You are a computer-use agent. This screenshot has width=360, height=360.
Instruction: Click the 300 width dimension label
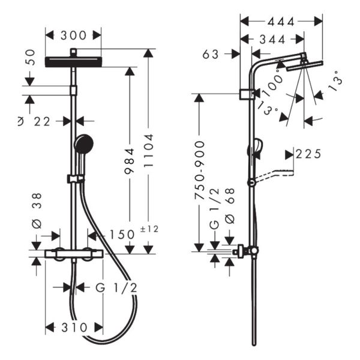coord(73,35)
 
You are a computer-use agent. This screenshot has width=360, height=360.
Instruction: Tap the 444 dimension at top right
coord(281,22)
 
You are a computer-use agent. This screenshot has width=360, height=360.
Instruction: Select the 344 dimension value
coord(272,40)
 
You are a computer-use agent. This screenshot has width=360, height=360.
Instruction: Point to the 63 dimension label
coord(211,55)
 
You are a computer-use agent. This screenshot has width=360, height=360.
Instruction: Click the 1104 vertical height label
coord(149,151)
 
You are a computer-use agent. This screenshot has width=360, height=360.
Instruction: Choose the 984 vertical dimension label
coord(129,161)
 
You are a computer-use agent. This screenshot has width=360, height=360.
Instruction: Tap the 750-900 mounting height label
coord(199,170)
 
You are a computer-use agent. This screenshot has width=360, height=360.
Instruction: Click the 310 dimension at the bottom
coord(74,327)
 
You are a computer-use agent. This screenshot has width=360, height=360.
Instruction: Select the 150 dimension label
coord(122,235)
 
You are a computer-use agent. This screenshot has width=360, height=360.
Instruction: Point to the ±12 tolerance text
coord(149,229)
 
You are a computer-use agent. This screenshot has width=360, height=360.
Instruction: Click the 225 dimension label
coord(308,154)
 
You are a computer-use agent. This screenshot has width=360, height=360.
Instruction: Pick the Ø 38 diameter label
coord(37,211)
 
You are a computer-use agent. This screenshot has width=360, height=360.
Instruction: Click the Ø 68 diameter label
coord(230,206)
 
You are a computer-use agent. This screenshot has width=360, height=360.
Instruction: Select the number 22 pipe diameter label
coord(42,122)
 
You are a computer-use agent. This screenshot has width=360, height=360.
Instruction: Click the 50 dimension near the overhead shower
coord(31,57)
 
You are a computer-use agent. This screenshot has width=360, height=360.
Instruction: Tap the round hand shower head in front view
coord(83,144)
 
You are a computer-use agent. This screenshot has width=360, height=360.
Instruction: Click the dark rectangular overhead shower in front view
coord(73,62)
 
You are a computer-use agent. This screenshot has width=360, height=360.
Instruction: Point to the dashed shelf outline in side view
coord(275,175)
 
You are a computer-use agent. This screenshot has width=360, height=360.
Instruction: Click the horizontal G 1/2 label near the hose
coord(116,287)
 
